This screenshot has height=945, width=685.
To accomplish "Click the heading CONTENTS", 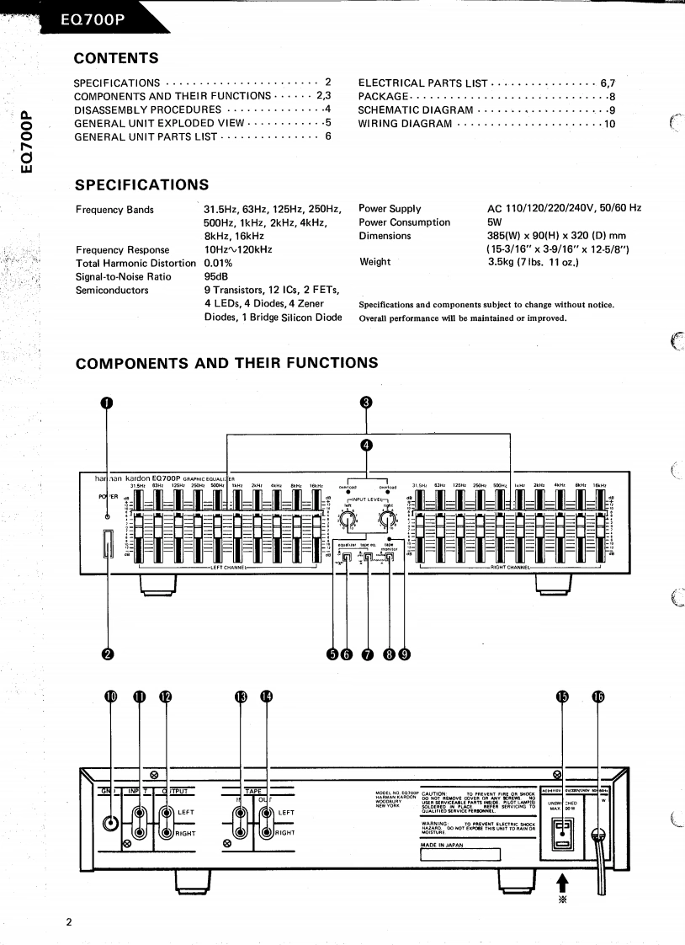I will coord(116,58).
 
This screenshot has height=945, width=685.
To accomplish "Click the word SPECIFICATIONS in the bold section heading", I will coord(141,184).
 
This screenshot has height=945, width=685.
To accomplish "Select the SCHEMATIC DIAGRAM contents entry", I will coord(416,110).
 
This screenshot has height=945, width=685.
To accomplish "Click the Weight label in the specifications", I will coord(374,262).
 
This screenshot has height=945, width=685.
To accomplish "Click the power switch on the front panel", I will coord(107,544).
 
